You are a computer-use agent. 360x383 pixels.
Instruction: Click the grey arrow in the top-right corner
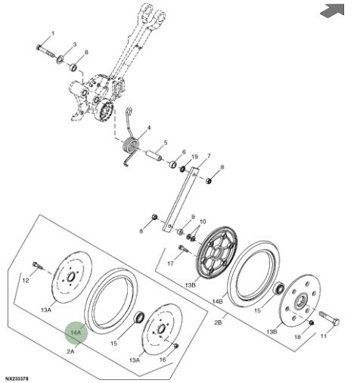(x=333, y=11)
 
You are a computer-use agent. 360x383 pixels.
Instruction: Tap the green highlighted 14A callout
(x=76, y=332)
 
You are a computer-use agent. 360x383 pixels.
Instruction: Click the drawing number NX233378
(x=17, y=378)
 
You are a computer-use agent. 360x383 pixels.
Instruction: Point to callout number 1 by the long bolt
(x=53, y=33)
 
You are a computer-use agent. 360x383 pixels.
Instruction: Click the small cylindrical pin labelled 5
(x=154, y=155)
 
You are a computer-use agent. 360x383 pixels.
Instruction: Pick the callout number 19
(x=194, y=157)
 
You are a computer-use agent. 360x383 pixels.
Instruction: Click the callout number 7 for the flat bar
(x=209, y=156)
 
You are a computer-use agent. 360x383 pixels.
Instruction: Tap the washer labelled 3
(x=61, y=60)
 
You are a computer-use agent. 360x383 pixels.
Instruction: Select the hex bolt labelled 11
(x=329, y=318)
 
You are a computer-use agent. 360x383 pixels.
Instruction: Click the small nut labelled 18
(x=311, y=322)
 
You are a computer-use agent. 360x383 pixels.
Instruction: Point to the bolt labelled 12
(x=38, y=265)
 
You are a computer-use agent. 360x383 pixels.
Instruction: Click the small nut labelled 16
(x=176, y=345)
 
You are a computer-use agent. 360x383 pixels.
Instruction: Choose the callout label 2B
(x=219, y=322)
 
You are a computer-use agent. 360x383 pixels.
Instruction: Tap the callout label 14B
(x=218, y=301)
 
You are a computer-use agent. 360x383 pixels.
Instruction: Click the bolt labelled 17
(x=183, y=249)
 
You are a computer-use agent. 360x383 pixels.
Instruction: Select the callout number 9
(x=193, y=216)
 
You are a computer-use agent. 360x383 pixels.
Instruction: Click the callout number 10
(x=203, y=222)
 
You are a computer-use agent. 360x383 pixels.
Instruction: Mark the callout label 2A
(x=70, y=351)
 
